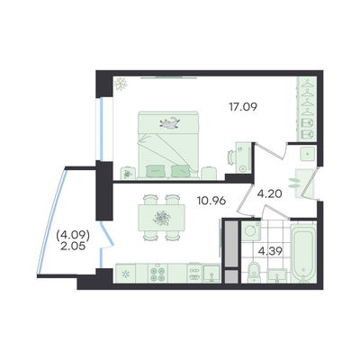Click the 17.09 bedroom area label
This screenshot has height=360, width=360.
pyautogui.click(x=243, y=106)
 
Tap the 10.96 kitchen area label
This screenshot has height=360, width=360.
pyautogui.click(x=211, y=201)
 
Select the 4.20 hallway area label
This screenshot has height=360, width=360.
pyautogui.click(x=270, y=193)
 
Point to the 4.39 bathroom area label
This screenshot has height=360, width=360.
pyautogui.click(x=270, y=251)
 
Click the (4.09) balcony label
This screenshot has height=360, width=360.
pyautogui.click(x=74, y=236)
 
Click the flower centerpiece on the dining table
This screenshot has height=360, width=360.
pyautogui.click(x=162, y=218)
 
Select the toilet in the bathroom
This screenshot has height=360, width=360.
pyautogui.click(x=254, y=272)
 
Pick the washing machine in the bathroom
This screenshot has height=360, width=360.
pyautogui.click(x=251, y=230)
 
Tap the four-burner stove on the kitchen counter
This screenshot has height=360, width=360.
pyautogui.click(x=157, y=274)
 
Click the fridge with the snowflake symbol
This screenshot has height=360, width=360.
pyautogui.click(x=125, y=274)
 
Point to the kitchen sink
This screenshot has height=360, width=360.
pyautogui.click(x=211, y=274)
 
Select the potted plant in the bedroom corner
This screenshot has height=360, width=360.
pyautogui.click(x=121, y=84)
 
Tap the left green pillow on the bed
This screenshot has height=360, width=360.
pyautogui.click(x=155, y=171)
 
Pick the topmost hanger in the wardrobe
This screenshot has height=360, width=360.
pyautogui.click(x=307, y=84)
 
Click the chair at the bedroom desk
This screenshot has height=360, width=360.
pyautogui.click(x=231, y=157)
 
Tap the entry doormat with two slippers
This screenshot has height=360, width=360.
pyautogui.click(x=303, y=184)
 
